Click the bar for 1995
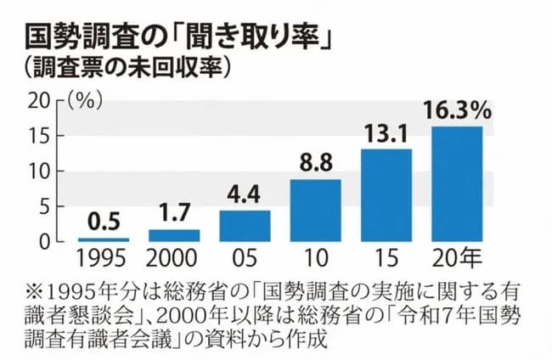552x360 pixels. pos(104,239)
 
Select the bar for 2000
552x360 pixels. pos(174,235)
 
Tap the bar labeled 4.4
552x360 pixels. pos(245,226)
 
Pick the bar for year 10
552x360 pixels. pos(316,210)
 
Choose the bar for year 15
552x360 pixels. pos(386,194)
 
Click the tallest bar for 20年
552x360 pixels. pos(457,183)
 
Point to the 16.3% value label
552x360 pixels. pos(457,111)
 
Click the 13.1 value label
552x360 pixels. pos(386,134)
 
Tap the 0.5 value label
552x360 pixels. pos(104,224)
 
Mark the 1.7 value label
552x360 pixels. pos(174,216)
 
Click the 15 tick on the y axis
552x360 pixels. pos(39,136)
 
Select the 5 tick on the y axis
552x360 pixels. pos(44,206)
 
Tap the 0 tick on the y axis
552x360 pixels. pos(44,241)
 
